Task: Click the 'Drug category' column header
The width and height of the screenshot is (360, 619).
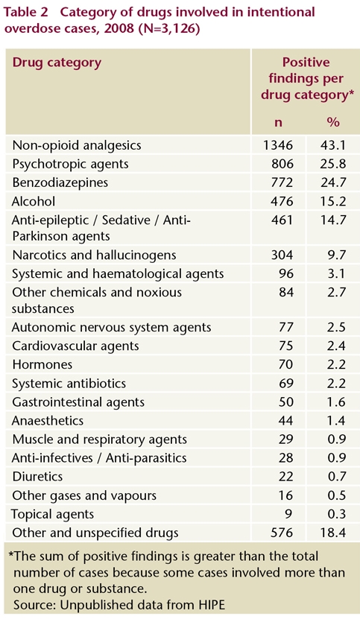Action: [x=57, y=63]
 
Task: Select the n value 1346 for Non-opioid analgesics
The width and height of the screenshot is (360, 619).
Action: [x=278, y=145]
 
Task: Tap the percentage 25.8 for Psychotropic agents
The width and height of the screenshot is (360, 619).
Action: [x=333, y=164]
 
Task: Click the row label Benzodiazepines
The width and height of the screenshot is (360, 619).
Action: [x=60, y=182]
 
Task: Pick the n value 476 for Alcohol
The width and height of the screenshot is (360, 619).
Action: [x=282, y=201]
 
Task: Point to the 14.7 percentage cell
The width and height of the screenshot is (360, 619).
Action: [x=333, y=220]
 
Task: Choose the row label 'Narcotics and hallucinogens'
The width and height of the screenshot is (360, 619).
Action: [x=94, y=255]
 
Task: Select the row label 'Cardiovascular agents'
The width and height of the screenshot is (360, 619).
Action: [x=75, y=346]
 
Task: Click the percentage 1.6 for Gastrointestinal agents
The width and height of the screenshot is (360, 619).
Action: [x=337, y=402]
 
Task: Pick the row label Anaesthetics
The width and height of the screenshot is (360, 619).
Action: [x=48, y=420]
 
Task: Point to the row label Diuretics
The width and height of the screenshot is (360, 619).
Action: [x=37, y=477]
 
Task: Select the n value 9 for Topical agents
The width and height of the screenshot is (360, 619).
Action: [x=289, y=514]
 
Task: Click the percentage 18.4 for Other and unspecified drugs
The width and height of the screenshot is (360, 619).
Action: [x=333, y=533]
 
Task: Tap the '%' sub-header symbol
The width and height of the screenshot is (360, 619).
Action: [x=333, y=122]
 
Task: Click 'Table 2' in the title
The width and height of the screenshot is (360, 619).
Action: [x=27, y=12]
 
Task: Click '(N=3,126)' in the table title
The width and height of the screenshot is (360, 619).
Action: [x=168, y=29]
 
